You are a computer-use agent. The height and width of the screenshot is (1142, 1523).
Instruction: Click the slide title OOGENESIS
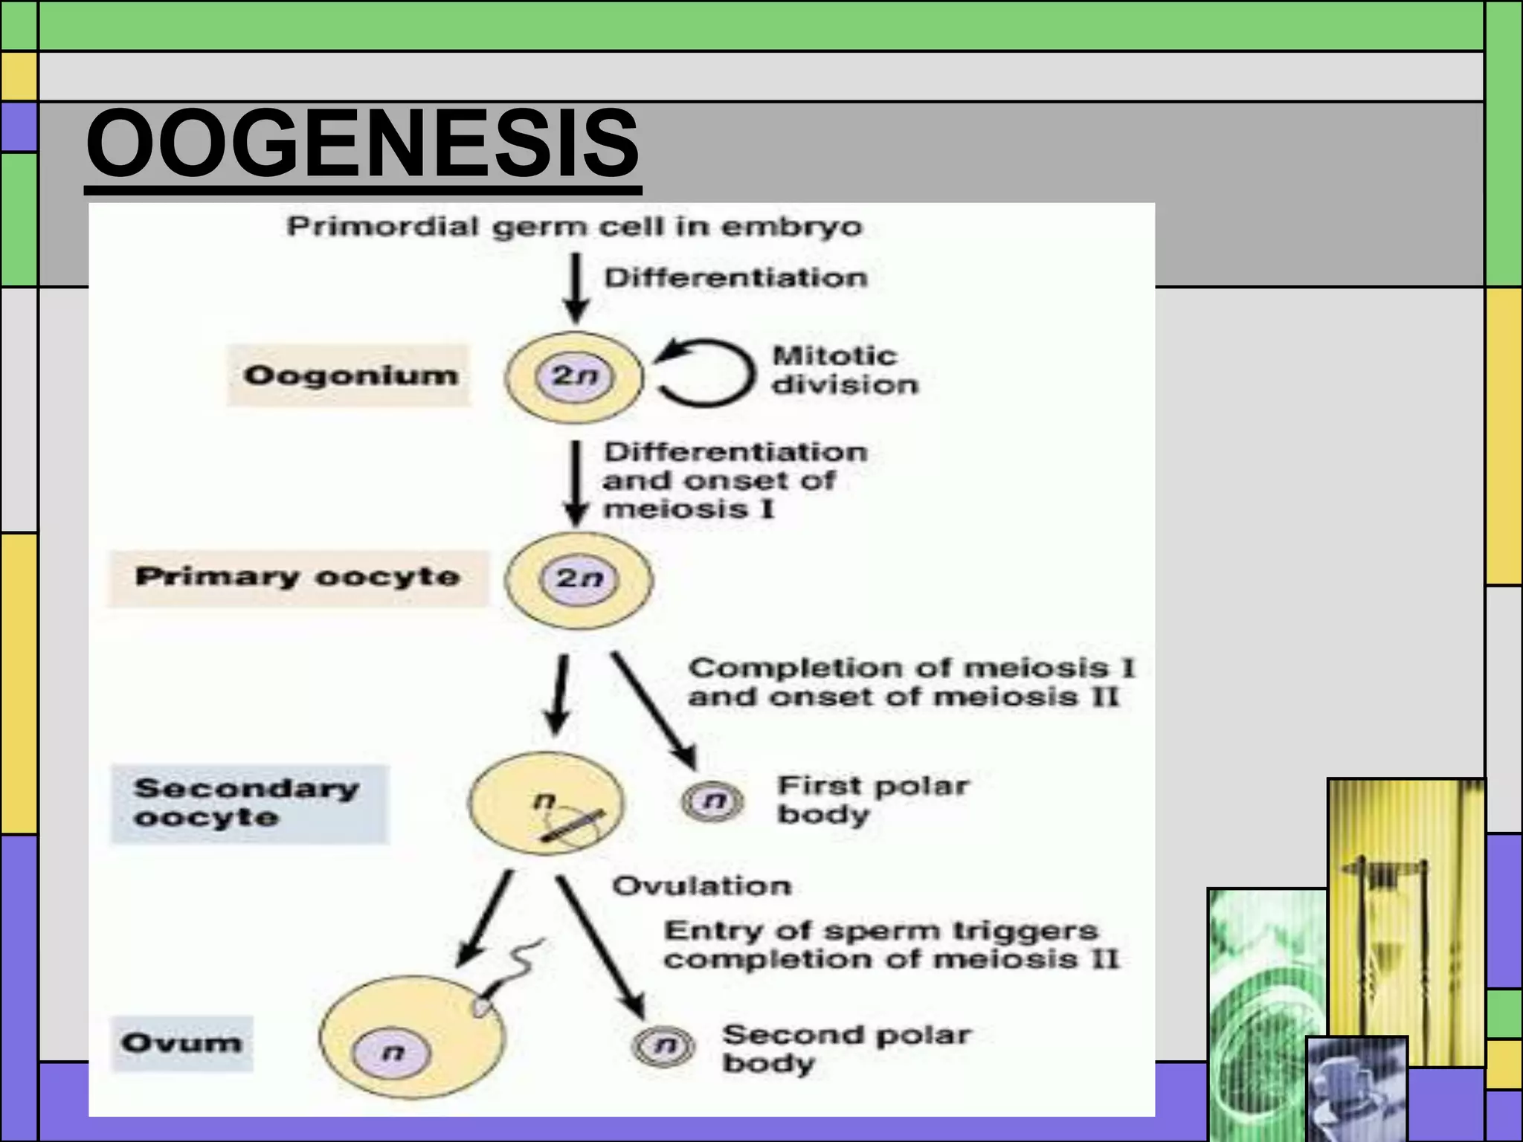362,143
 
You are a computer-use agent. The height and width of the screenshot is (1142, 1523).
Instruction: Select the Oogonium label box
350,375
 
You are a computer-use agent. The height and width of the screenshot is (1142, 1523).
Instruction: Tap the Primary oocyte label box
297,578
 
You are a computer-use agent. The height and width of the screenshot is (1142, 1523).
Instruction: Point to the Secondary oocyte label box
249,804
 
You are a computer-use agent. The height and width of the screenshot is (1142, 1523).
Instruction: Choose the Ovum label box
182,1043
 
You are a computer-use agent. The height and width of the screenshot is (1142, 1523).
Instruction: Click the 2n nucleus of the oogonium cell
575,376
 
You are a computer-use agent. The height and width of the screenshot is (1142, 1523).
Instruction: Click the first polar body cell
712,801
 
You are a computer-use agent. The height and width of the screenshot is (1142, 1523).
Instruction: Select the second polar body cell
663,1047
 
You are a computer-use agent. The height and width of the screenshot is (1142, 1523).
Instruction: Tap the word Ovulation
701,886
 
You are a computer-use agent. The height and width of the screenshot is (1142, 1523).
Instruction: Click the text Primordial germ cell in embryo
574,226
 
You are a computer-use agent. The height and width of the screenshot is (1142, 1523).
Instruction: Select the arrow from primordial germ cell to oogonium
576,288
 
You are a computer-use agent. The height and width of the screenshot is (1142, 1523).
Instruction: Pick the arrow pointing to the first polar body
654,710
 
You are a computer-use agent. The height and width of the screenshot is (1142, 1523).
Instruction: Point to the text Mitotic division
845,370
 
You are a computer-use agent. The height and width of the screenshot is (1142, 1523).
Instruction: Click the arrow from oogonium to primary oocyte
575,483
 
